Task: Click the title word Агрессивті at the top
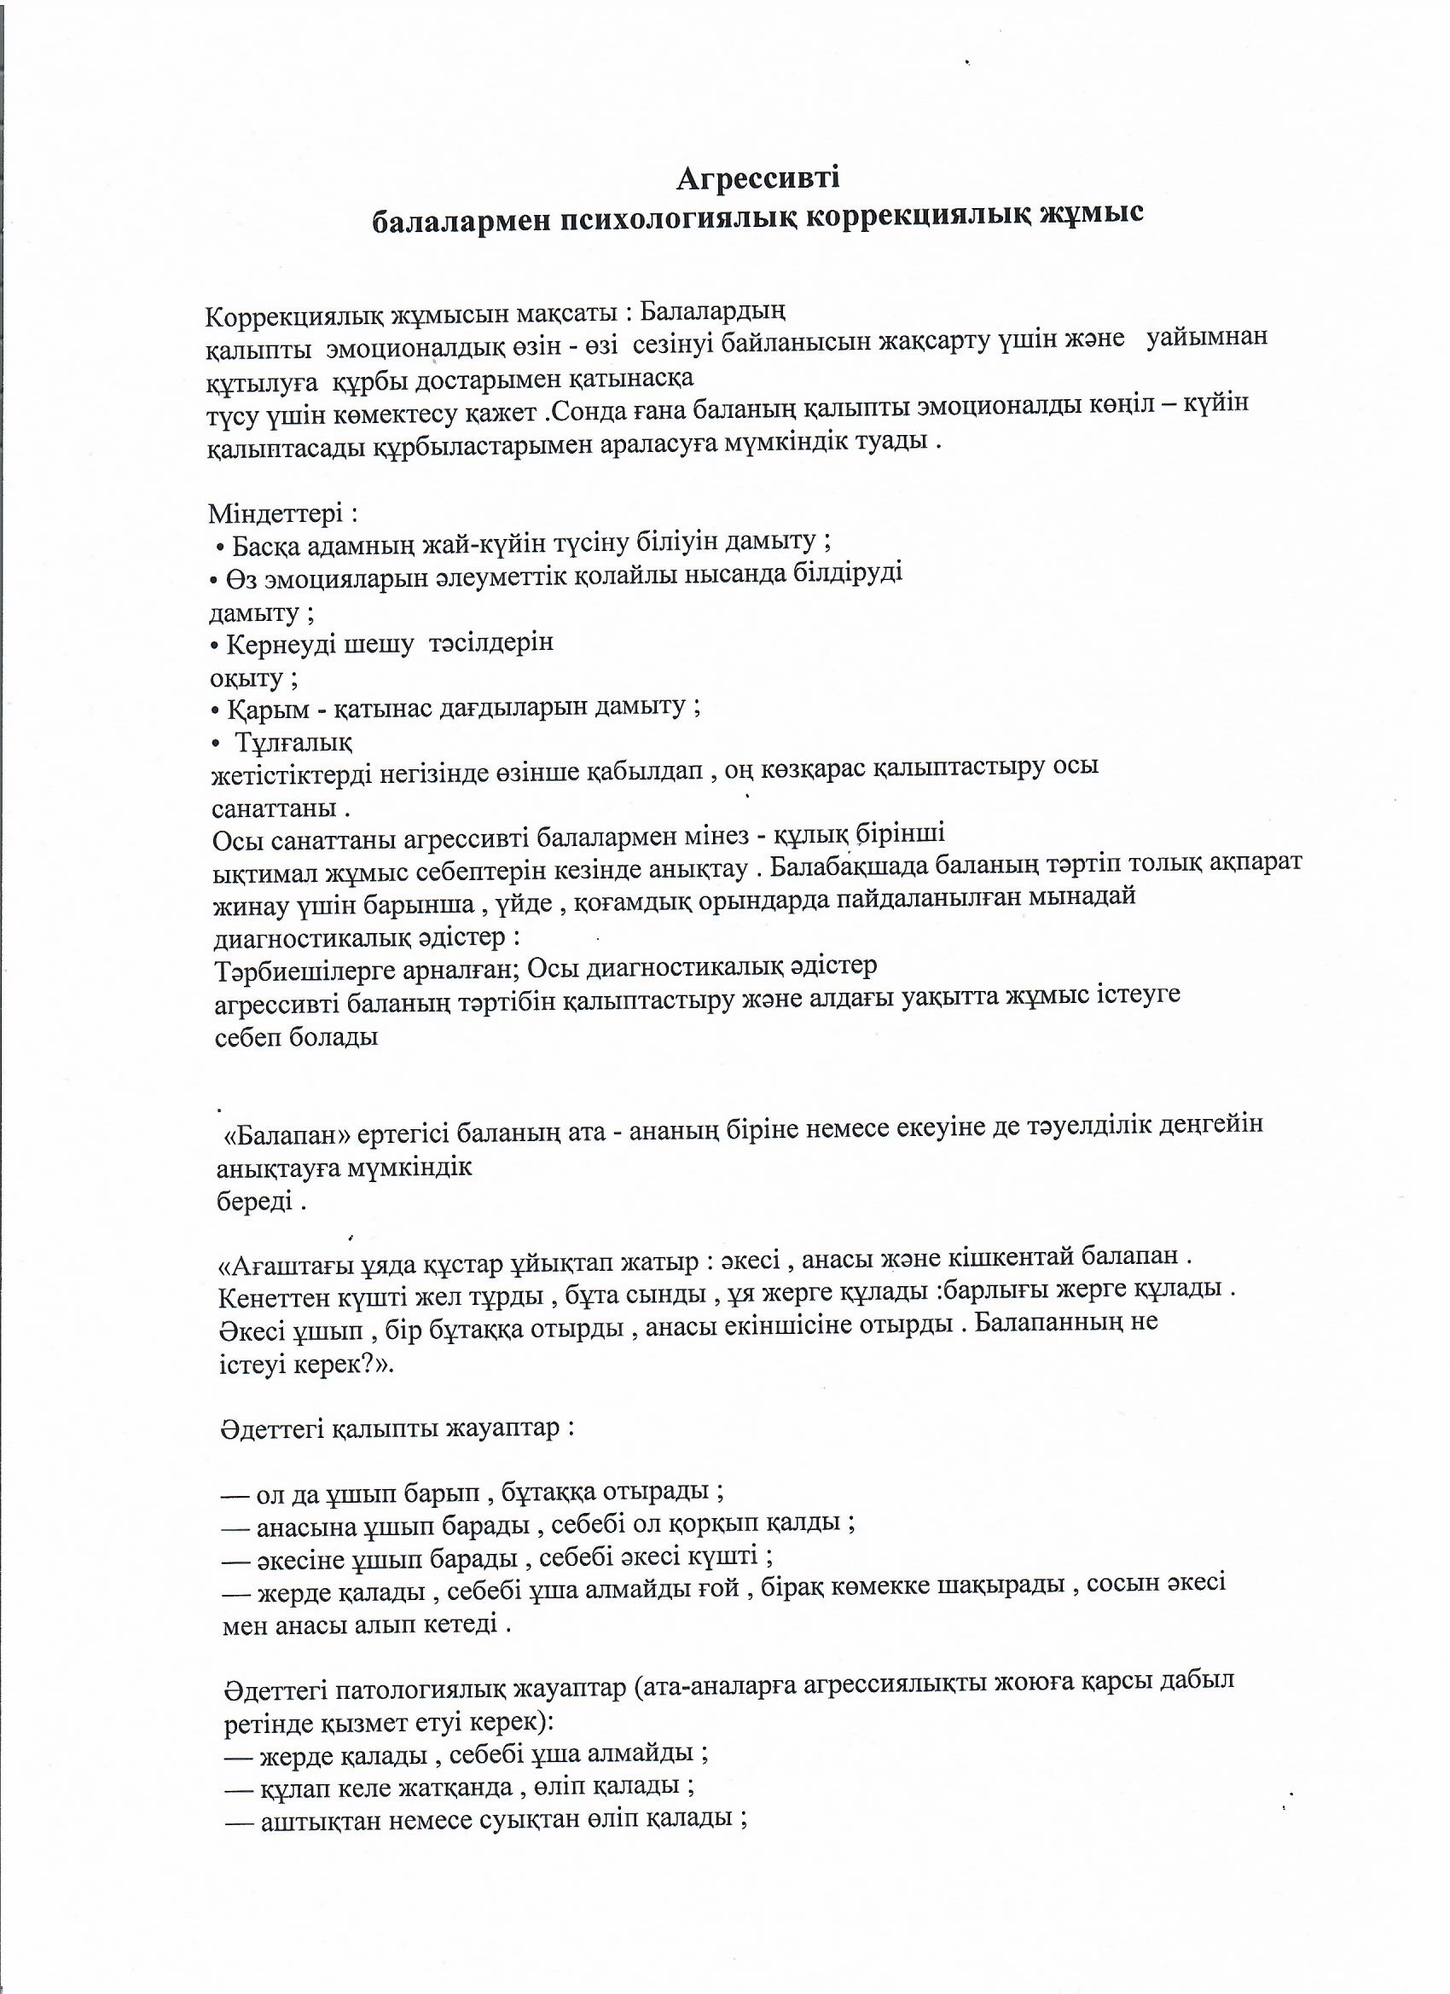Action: (x=758, y=178)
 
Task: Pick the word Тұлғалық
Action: (x=293, y=743)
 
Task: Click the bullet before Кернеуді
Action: (x=216, y=646)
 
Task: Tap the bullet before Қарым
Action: (x=217, y=709)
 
